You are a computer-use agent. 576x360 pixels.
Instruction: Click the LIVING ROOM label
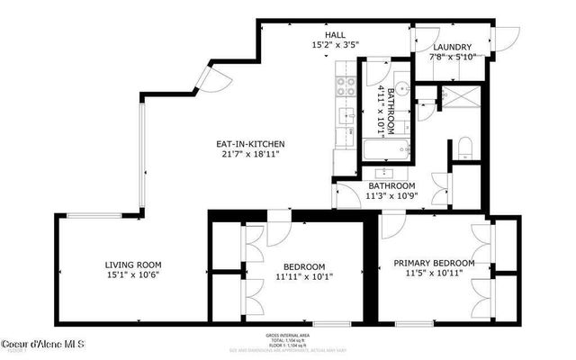point(133,265)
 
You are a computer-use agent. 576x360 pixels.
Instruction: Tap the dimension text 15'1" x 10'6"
point(133,276)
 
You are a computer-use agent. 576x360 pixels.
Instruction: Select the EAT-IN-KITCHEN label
point(249,144)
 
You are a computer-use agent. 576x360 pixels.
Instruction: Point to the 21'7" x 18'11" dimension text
point(249,155)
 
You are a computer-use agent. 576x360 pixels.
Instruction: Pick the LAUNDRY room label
point(453,48)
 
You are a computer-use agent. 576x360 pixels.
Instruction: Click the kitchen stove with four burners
point(346,86)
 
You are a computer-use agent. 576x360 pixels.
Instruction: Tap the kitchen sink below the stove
point(346,115)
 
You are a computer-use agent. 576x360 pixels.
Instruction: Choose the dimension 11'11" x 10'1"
point(304,278)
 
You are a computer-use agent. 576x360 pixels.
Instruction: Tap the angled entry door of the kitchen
point(206,81)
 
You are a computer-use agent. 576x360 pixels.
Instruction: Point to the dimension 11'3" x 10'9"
point(391,197)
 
